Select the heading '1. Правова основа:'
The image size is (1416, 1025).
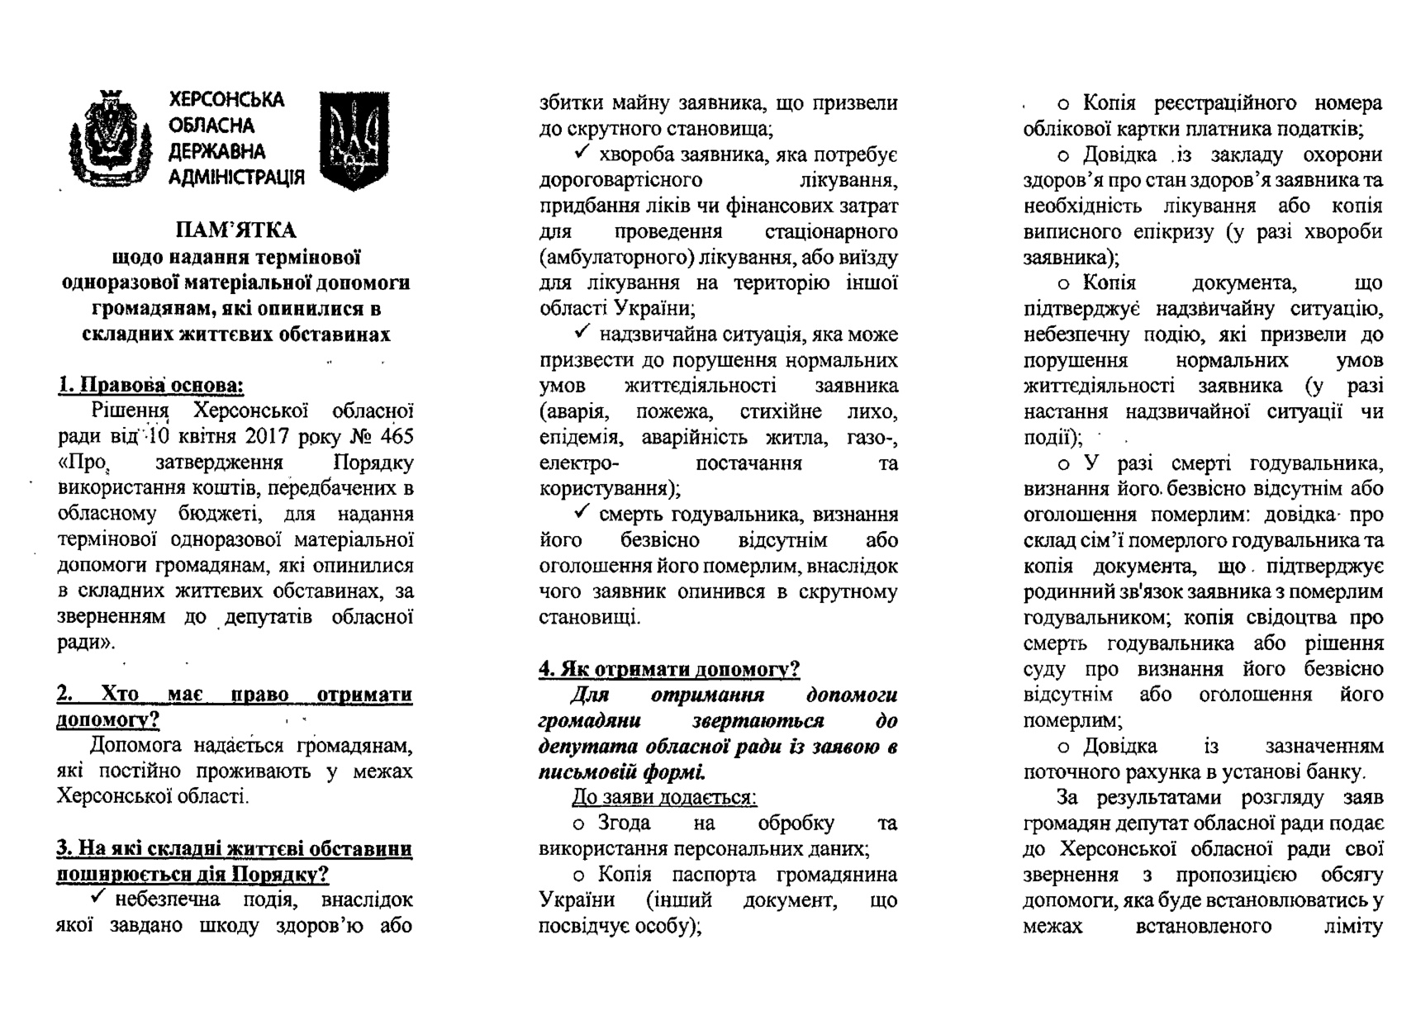click(x=150, y=385)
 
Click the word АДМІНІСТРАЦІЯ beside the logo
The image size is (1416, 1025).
click(x=236, y=178)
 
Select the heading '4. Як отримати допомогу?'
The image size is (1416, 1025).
click(x=669, y=669)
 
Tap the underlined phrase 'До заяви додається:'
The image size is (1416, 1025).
click(x=664, y=797)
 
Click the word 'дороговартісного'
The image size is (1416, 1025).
click(x=620, y=180)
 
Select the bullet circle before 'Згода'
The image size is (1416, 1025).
click(x=579, y=824)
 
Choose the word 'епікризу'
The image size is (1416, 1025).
click(x=1172, y=232)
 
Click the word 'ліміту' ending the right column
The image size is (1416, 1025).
click(x=1352, y=926)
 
